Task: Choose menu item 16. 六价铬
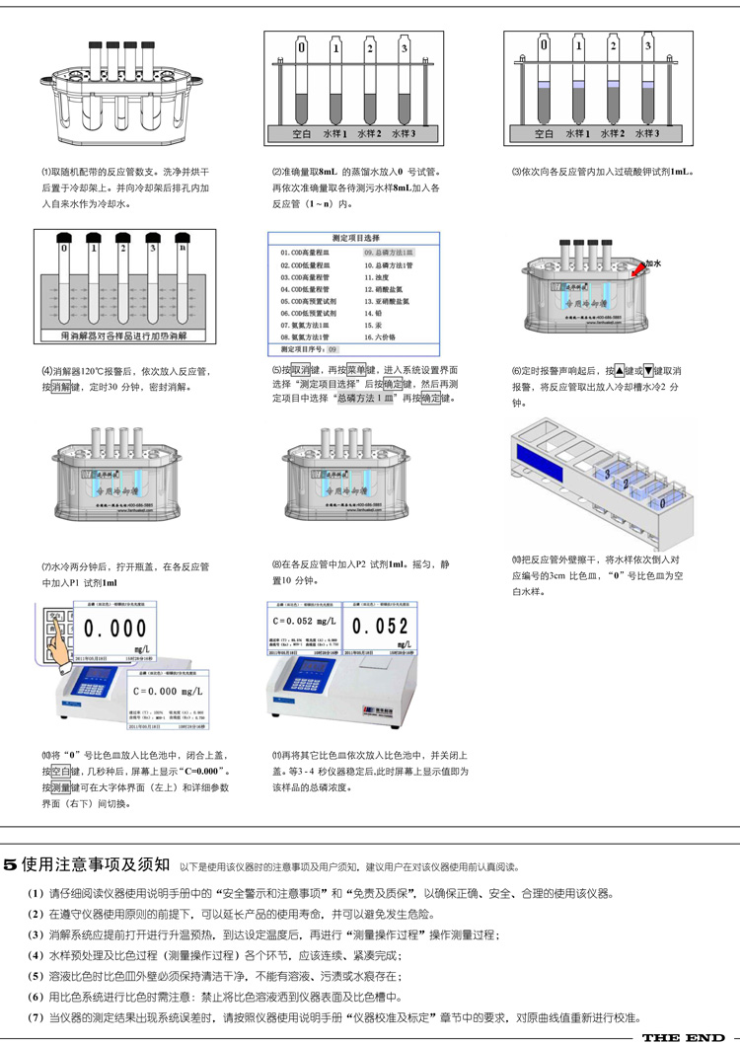point(383,337)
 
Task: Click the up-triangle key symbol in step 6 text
point(619,371)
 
